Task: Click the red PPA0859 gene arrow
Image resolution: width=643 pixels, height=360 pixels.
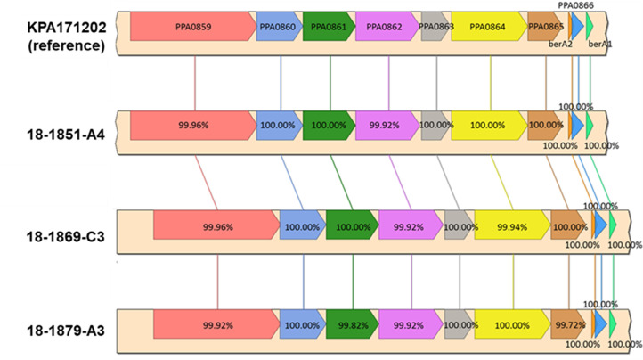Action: [192, 27]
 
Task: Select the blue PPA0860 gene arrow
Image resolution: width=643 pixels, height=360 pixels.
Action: [279, 27]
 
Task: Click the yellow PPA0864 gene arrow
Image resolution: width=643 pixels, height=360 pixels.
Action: [488, 27]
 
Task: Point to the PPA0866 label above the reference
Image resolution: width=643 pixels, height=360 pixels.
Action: [575, 5]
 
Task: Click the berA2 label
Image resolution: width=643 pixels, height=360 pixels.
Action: [560, 43]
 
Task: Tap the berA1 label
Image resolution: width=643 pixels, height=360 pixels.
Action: [601, 43]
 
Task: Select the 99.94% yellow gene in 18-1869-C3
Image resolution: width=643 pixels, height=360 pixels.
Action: [511, 227]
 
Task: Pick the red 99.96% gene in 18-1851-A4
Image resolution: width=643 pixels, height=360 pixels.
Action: [192, 126]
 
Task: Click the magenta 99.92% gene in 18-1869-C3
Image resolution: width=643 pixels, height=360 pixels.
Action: [409, 227]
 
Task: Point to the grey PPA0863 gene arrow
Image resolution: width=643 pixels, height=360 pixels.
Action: [435, 27]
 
